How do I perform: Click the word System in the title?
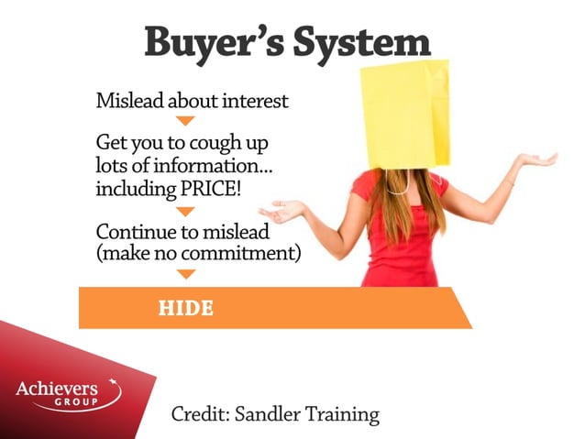point(367,42)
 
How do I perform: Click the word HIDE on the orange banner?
point(185,309)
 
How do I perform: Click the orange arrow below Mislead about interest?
point(185,121)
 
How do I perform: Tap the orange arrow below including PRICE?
point(185,211)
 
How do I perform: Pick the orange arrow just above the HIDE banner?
point(185,273)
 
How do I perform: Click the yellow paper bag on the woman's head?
point(403,115)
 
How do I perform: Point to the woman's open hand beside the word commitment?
point(281,212)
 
